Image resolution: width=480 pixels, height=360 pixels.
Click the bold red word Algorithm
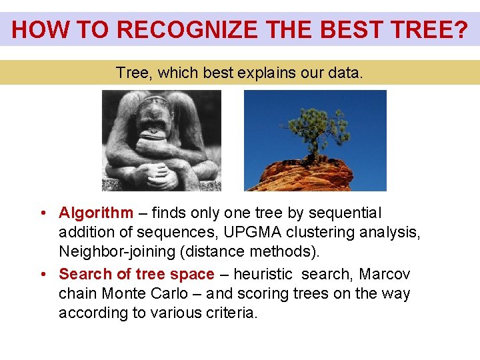pyautogui.click(x=96, y=213)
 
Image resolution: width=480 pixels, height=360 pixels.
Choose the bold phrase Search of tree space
pyautogui.click(x=137, y=275)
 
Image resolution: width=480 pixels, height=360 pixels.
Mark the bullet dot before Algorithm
pyautogui.click(x=42, y=213)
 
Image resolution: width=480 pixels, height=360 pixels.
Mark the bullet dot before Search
pyautogui.click(x=42, y=275)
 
